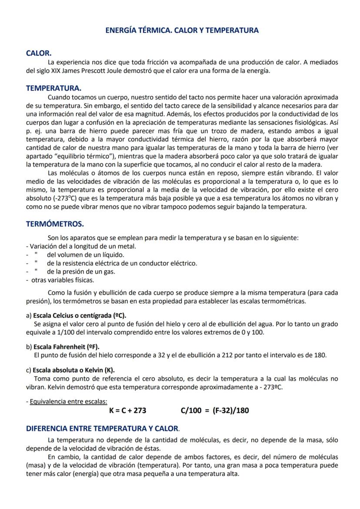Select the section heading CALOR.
click(39, 53)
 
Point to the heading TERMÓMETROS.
click(55, 224)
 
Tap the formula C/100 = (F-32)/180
click(215, 410)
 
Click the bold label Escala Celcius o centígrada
click(83, 316)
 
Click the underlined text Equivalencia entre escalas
click(68, 401)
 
